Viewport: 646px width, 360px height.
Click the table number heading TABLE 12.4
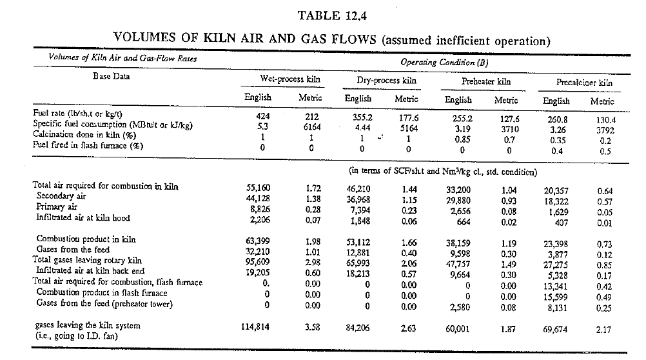332,15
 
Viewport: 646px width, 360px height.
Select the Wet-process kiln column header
289,79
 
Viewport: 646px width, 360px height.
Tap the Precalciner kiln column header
584,82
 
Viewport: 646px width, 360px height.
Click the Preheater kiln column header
485,81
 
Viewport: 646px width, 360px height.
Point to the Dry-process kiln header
386,81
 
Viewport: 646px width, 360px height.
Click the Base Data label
112,76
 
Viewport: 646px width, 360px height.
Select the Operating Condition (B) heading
444,63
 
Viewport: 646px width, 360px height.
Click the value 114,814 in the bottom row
255,327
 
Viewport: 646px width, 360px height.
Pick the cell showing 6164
312,127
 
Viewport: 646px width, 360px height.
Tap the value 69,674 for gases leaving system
555,330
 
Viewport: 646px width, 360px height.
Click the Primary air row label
57,207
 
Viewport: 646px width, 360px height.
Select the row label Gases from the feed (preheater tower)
104,304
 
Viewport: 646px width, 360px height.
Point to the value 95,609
258,262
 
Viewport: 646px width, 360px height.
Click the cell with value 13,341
555,286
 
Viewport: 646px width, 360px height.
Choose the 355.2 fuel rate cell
362,117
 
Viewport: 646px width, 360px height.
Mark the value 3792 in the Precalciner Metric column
605,130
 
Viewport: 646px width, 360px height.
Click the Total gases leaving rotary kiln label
87,260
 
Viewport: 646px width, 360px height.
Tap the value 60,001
457,328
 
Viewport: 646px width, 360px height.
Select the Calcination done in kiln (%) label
84,134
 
